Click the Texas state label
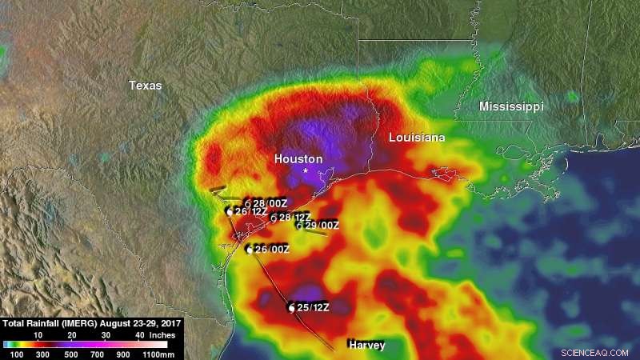coord(146,86)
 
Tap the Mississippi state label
coord(511,106)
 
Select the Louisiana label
coord(417,138)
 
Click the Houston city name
coord(298,159)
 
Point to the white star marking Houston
coord(306,170)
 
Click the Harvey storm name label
coord(366,345)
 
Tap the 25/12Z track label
coord(313,307)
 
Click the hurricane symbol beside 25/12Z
coord(291,308)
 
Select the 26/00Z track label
coord(272,249)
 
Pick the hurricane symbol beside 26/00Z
coord(250,250)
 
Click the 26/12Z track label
coord(250,211)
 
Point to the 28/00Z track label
coord(269,203)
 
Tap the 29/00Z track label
coord(322,226)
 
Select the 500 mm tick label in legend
coord(70,353)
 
